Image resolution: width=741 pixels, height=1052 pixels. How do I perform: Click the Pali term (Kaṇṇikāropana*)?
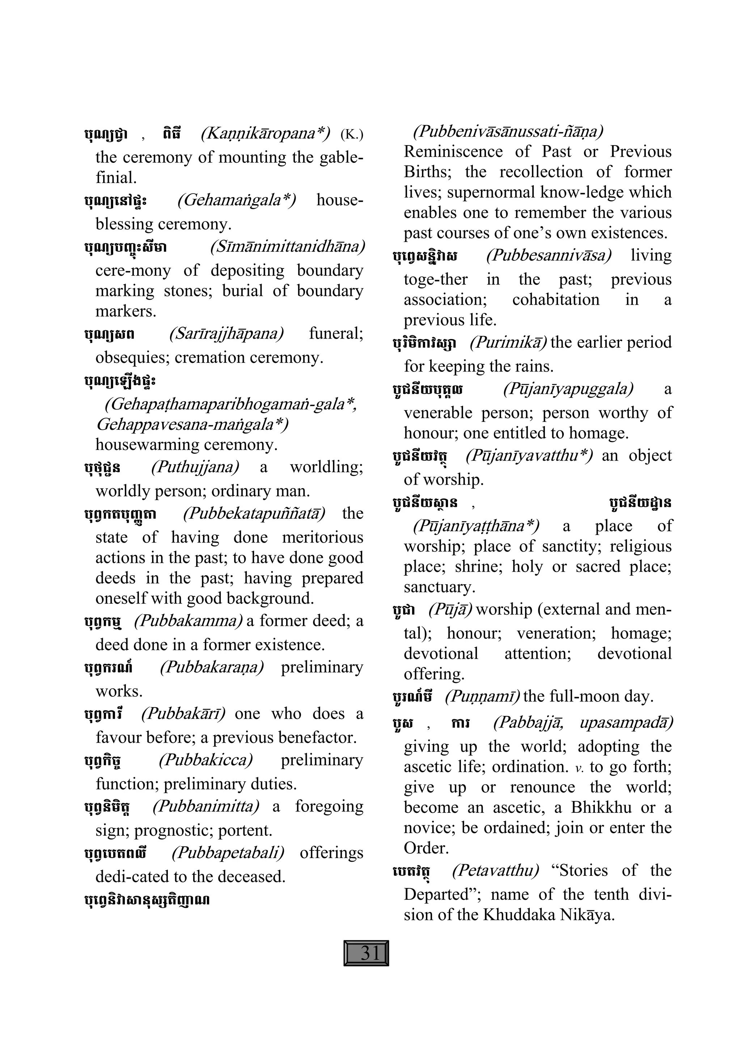[x=265, y=133]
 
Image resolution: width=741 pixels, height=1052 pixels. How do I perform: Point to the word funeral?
[x=336, y=333]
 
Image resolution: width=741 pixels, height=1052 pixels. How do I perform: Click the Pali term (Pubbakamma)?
[x=188, y=620]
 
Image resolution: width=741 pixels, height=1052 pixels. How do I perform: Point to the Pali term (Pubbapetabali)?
[x=228, y=853]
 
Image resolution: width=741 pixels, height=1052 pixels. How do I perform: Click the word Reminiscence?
[x=453, y=151]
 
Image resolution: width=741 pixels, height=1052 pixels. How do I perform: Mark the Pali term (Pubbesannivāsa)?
[x=549, y=255]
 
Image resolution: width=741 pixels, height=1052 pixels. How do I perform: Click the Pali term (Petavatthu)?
[x=495, y=870]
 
